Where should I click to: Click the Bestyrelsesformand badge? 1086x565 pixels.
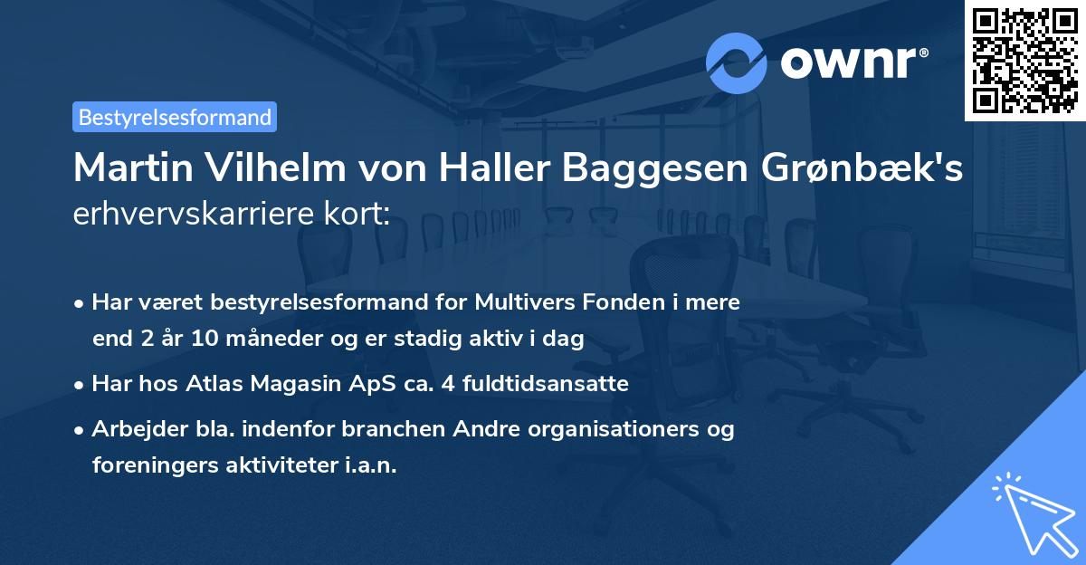pyautogui.click(x=175, y=117)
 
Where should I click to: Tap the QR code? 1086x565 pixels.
pyautogui.click(x=1024, y=60)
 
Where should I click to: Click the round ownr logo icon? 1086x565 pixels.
pyautogui.click(x=737, y=62)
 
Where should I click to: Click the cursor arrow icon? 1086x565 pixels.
pyautogui.click(x=1031, y=512)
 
